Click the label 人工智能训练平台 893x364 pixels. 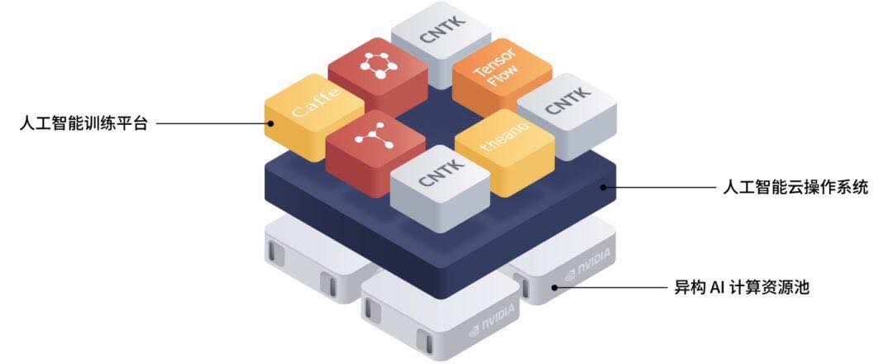pos(83,125)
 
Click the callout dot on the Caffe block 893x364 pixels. pos(270,124)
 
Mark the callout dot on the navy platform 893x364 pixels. pos(603,187)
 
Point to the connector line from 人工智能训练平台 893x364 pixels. pos(211,124)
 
